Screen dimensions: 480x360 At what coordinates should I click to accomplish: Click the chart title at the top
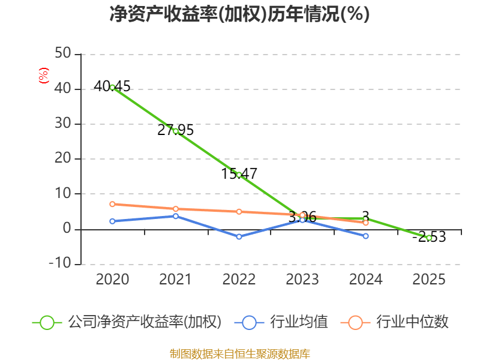pyautogui.click(x=239, y=14)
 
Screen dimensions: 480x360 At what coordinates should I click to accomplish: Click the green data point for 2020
pyautogui.click(x=112, y=88)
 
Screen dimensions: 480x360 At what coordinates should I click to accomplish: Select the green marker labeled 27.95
pyautogui.click(x=176, y=131)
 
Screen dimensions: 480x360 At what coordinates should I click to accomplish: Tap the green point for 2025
pyautogui.click(x=429, y=238)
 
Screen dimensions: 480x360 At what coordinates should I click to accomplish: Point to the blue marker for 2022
pyautogui.click(x=239, y=236)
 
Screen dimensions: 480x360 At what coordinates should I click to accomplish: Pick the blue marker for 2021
pyautogui.click(x=176, y=216)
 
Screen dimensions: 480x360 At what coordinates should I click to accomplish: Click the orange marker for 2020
pyautogui.click(x=112, y=204)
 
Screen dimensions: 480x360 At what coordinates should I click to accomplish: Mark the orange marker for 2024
pyautogui.click(x=365, y=223)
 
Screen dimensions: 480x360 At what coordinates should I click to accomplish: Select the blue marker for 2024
pyautogui.click(x=365, y=236)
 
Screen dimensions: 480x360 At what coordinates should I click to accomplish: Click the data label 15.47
pyautogui.click(x=239, y=174)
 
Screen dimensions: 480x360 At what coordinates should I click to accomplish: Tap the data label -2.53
pyautogui.click(x=429, y=237)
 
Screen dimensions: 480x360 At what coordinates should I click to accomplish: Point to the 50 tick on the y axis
pyautogui.click(x=63, y=53)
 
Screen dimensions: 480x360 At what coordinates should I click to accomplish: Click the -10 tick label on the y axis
pyautogui.click(x=60, y=263)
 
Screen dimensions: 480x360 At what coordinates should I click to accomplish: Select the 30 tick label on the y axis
pyautogui.click(x=63, y=124)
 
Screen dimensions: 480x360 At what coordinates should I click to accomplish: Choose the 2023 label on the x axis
pyautogui.click(x=302, y=280)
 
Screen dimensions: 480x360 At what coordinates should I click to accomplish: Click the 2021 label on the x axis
pyautogui.click(x=176, y=280)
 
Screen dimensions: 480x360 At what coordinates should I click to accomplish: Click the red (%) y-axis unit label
pyautogui.click(x=43, y=76)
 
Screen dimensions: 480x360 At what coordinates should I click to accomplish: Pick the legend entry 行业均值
pyautogui.click(x=281, y=322)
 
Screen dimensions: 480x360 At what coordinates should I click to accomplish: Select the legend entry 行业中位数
pyautogui.click(x=395, y=322)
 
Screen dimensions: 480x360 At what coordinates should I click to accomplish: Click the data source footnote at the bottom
pyautogui.click(x=240, y=354)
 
